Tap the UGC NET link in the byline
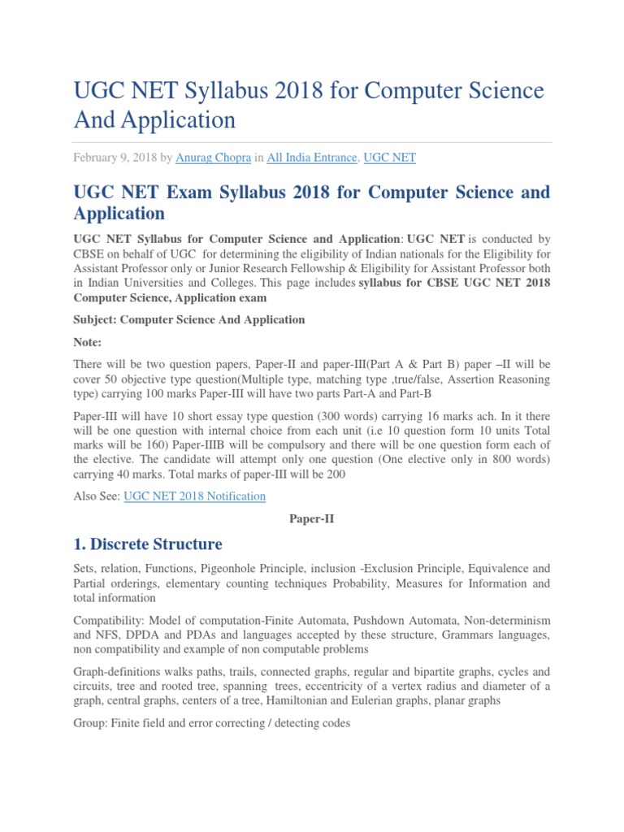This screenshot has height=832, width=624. (389, 158)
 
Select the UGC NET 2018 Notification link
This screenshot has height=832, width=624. (194, 496)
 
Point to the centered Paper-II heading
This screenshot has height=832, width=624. (312, 517)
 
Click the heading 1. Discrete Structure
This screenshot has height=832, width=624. (148, 544)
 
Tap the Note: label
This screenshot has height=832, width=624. (88, 342)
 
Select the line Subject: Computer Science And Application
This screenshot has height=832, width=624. (189, 319)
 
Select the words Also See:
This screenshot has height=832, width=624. (97, 496)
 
